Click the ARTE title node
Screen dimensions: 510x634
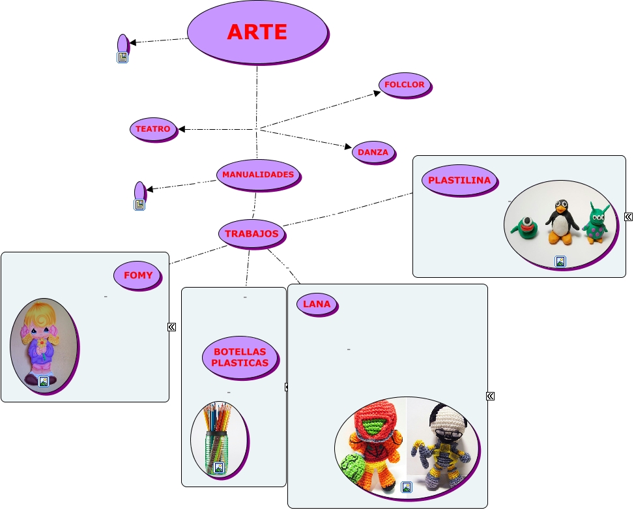tap(257, 32)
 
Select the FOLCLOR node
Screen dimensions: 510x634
tap(404, 85)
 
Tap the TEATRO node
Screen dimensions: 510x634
tap(153, 129)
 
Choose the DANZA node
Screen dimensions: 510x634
tap(373, 152)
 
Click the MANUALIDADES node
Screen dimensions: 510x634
tap(258, 175)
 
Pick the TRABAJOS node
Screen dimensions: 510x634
tap(252, 233)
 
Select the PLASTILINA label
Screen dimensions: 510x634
tap(459, 181)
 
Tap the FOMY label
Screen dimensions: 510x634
tap(137, 275)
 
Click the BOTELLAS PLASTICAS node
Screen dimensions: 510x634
tap(240, 357)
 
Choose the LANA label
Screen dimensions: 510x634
tap(317, 304)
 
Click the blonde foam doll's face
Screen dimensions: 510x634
tap(40, 327)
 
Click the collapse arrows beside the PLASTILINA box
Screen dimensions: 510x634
tap(628, 217)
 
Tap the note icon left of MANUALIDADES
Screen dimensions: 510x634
tap(139, 205)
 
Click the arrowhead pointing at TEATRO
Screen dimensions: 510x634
tap(182, 129)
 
